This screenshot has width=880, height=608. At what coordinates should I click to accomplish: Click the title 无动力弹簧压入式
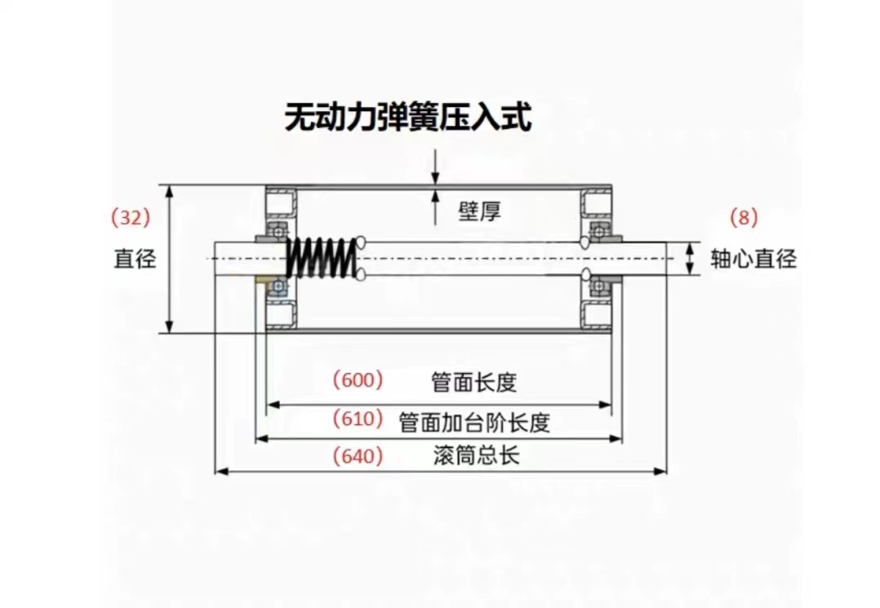(x=407, y=118)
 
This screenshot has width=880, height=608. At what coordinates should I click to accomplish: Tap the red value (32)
(x=131, y=218)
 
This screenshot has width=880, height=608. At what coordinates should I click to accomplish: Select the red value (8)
(x=743, y=218)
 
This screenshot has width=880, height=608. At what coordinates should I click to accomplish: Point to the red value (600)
(x=357, y=380)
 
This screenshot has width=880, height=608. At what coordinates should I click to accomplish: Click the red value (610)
(x=358, y=419)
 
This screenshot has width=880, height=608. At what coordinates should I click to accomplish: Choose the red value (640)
(x=358, y=456)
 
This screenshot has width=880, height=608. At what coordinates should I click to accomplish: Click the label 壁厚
(x=479, y=212)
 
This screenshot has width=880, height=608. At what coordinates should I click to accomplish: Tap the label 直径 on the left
(x=134, y=260)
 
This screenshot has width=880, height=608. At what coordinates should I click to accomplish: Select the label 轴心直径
(x=753, y=260)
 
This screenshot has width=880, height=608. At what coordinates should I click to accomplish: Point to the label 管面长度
(x=474, y=381)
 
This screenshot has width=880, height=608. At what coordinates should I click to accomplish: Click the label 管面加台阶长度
(x=474, y=422)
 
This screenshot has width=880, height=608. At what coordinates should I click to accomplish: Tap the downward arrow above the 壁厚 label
(x=437, y=166)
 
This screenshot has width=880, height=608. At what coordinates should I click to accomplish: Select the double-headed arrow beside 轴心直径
(x=691, y=259)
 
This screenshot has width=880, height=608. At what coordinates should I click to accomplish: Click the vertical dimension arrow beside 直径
(x=170, y=259)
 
